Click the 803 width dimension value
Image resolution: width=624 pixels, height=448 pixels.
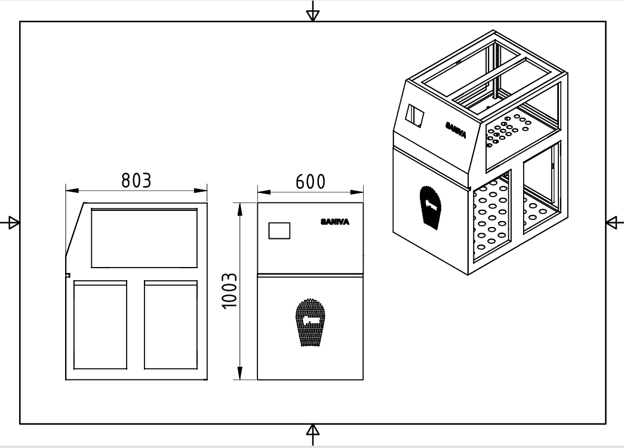click(136, 180)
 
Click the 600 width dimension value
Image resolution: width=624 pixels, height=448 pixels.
click(311, 182)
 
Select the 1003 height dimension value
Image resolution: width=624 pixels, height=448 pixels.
click(230, 291)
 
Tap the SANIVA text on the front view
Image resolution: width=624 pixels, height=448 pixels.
click(335, 222)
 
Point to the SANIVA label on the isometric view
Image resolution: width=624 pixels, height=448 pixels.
click(456, 130)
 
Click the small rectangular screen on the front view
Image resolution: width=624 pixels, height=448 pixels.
click(279, 231)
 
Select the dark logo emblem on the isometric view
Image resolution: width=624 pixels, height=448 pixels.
click(431, 206)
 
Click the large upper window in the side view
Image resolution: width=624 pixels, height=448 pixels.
click(144, 238)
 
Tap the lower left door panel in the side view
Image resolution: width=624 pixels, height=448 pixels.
click(100, 326)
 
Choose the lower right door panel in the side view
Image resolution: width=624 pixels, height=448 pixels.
click(171, 326)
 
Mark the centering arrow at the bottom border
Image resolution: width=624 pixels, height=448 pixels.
click(312, 432)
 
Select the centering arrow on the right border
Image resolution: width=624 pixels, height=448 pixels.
click(613, 223)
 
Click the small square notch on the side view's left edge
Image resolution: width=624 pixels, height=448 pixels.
click(67, 275)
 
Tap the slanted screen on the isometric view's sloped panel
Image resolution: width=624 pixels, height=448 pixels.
click(415, 116)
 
